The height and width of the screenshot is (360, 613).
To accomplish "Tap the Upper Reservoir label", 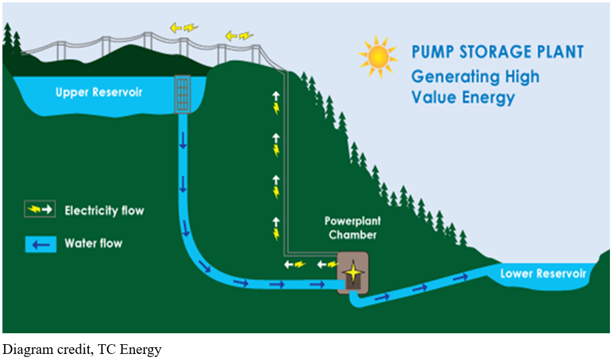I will click(99, 92).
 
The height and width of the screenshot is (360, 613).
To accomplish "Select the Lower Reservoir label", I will click(543, 274).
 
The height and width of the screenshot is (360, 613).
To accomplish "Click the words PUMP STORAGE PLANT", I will click(497, 52).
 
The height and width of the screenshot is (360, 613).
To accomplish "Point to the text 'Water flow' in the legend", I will click(93, 244).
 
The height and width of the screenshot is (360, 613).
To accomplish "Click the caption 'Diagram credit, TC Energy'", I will click(83, 350).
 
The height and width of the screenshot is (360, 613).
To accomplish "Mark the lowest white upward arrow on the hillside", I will click(276, 223).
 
